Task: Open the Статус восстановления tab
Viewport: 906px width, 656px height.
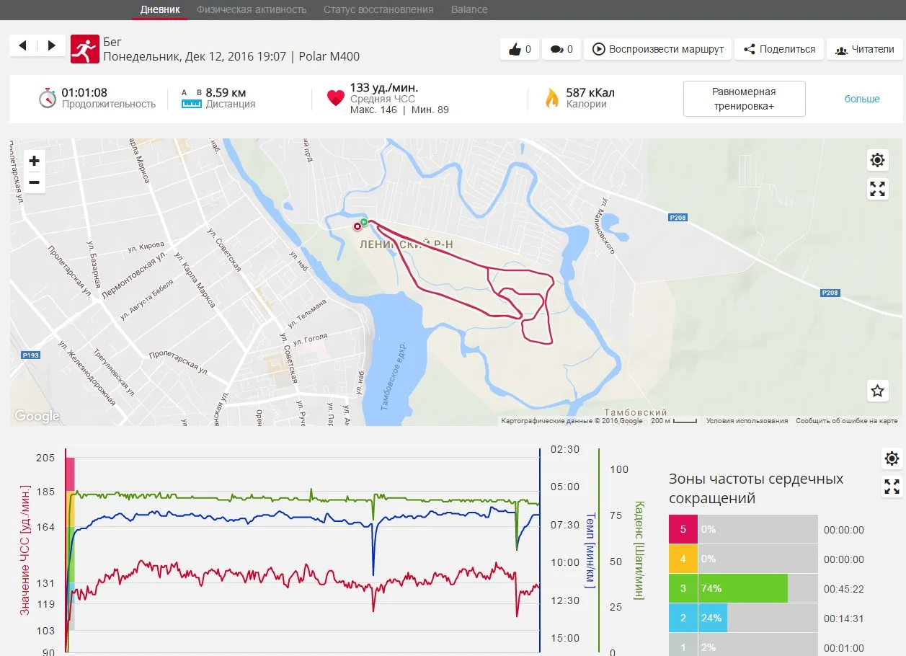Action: [378, 9]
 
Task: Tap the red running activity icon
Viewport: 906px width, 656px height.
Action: [85, 49]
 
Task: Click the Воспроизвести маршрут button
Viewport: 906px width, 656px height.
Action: [659, 49]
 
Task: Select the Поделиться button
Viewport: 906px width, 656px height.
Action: [779, 49]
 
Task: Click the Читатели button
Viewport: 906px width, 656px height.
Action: [864, 49]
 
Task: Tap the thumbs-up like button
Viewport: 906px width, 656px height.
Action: [520, 49]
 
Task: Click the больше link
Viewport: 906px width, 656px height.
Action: [862, 99]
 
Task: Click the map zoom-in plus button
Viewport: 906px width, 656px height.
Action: [34, 160]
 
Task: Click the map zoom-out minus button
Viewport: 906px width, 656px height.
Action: [34, 182]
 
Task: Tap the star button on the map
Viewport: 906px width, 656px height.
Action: [877, 391]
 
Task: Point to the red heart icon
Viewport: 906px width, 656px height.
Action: [335, 98]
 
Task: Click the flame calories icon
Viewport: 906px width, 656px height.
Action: [551, 98]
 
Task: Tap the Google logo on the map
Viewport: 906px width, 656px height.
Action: [37, 416]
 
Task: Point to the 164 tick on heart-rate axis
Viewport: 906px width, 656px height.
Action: [45, 527]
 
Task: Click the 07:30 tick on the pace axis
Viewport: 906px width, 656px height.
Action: [565, 525]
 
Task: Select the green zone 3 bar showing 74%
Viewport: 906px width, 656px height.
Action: [742, 588]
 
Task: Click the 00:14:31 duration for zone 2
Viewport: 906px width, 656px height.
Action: [843, 619]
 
